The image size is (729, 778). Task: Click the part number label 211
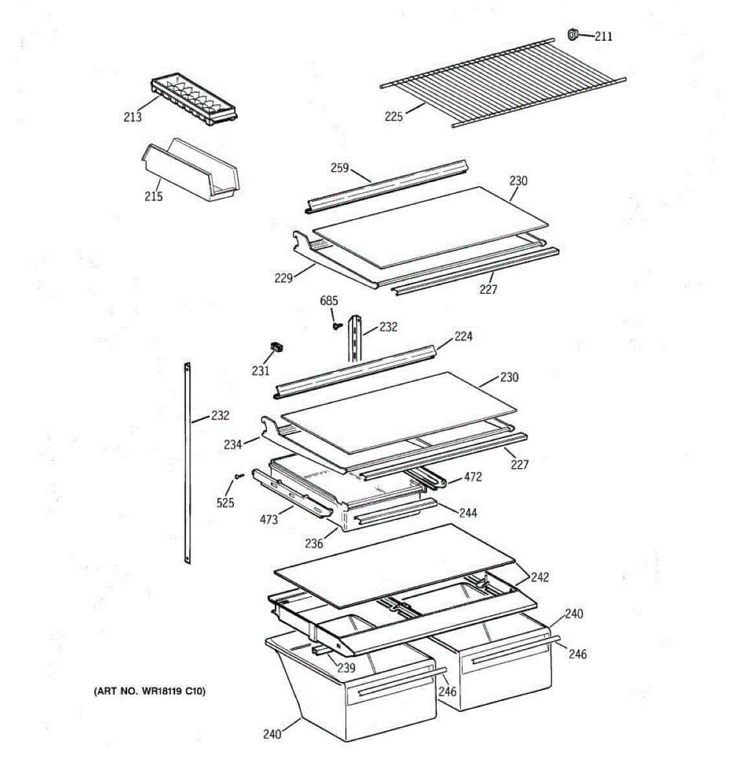603,36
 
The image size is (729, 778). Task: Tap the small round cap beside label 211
573,34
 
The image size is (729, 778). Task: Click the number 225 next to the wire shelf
393,117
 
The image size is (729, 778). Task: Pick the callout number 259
340,168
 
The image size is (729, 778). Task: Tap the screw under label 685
336,326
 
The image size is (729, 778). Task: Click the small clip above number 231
277,348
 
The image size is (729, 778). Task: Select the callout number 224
463,336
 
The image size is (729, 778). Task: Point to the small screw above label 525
238,477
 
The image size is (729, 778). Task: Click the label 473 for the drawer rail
268,519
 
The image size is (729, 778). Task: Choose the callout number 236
314,544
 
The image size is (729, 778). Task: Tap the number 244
468,513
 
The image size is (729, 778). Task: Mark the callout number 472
473,477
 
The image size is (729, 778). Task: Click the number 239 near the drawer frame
346,668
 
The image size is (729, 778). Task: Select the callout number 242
540,577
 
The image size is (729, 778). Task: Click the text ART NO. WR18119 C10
150,691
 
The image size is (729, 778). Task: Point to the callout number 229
283,278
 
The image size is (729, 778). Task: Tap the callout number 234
233,444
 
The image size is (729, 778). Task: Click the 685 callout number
329,301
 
